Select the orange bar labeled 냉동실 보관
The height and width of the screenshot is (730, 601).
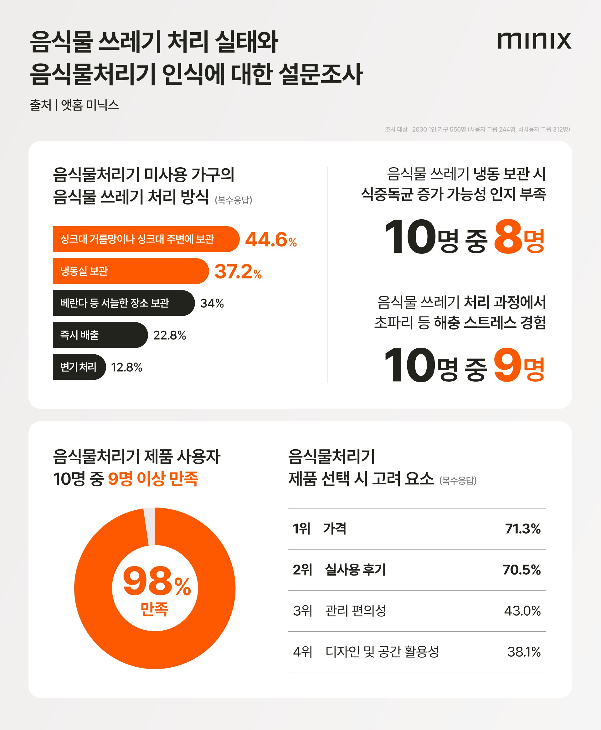click(130, 271)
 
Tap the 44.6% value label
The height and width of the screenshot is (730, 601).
click(271, 240)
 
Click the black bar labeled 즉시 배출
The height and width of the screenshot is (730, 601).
click(100, 335)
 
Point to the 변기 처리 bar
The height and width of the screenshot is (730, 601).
click(79, 367)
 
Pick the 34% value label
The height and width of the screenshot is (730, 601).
click(212, 304)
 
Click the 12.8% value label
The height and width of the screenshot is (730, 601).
click(126, 367)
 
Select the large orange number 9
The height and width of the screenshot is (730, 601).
click(507, 365)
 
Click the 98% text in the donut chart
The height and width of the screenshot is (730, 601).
click(157, 582)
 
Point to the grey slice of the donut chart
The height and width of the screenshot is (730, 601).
click(150, 526)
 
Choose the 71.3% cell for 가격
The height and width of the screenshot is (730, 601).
click(522, 529)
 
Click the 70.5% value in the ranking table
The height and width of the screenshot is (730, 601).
click(521, 570)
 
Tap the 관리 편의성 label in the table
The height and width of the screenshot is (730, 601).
click(356, 610)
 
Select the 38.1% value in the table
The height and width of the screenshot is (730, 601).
click(523, 652)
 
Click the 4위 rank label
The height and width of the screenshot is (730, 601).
click(302, 652)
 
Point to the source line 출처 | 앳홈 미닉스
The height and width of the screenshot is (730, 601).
click(74, 105)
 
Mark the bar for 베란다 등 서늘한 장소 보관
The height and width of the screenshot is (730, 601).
click(123, 303)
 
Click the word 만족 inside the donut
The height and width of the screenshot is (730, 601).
click(154, 609)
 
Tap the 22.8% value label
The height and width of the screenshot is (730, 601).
click(169, 335)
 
